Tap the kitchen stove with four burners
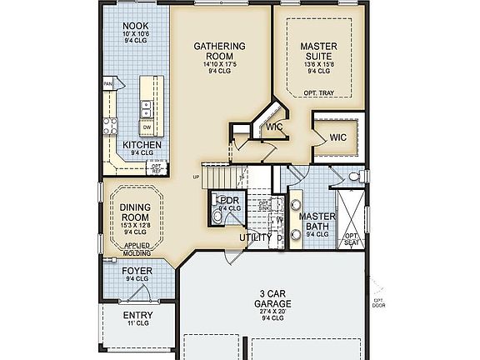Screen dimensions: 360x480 (110, 127)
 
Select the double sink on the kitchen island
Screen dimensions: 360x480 (145, 106)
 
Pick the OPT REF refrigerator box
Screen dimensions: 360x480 (156, 167)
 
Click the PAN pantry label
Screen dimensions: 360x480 (107, 84)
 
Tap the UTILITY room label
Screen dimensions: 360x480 (255, 238)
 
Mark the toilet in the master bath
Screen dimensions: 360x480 (354, 177)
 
